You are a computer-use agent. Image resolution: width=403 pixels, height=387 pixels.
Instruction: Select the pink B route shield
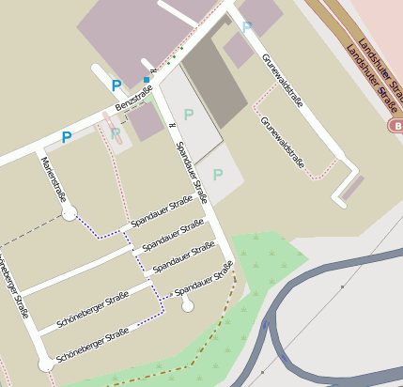[x=395, y=125]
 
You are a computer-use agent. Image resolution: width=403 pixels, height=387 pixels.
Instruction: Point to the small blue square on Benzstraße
[x=146, y=79]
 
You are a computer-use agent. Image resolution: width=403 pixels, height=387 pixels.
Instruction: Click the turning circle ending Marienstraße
[x=69, y=214]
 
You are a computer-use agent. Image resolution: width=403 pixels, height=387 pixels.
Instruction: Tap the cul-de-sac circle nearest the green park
[x=187, y=305]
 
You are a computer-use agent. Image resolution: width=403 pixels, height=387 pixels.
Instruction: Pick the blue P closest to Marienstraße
[x=67, y=137]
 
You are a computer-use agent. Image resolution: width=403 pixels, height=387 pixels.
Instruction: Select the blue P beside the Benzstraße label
[x=116, y=85]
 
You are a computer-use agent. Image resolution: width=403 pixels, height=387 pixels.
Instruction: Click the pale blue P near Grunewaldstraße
[x=247, y=28]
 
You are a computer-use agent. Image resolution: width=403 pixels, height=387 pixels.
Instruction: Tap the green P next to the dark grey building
[x=188, y=115]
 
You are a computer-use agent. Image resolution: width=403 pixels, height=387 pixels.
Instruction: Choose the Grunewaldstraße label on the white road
[x=282, y=79]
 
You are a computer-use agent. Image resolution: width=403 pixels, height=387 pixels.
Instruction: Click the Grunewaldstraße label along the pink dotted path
[x=284, y=145]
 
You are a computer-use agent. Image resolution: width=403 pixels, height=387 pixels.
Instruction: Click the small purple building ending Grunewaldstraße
[x=352, y=188]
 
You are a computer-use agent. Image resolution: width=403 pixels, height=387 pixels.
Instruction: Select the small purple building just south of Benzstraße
[x=146, y=121]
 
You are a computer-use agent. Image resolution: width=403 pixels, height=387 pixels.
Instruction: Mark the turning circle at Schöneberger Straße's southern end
[x=45, y=364]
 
